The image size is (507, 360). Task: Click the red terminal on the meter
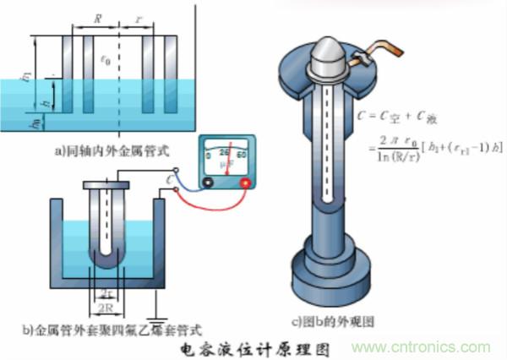(x=246, y=183)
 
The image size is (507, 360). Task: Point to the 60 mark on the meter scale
(x=244, y=154)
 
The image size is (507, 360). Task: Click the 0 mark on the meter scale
(x=209, y=155)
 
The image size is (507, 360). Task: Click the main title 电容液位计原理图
(x=253, y=347)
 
